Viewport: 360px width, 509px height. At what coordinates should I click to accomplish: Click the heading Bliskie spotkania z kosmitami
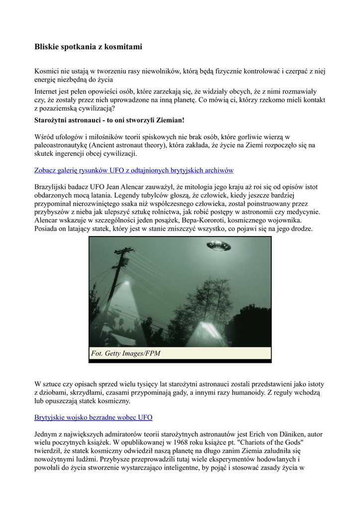tap(88, 47)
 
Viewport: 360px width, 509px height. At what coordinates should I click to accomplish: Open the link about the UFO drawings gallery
tap(134, 170)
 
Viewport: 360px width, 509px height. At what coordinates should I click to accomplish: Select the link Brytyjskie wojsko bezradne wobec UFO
tap(93, 417)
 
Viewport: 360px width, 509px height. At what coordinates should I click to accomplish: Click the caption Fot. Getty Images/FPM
tap(126, 353)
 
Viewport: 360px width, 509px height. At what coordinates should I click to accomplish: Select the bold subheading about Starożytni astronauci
tap(109, 120)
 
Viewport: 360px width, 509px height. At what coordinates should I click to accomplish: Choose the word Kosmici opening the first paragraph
tap(48, 71)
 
